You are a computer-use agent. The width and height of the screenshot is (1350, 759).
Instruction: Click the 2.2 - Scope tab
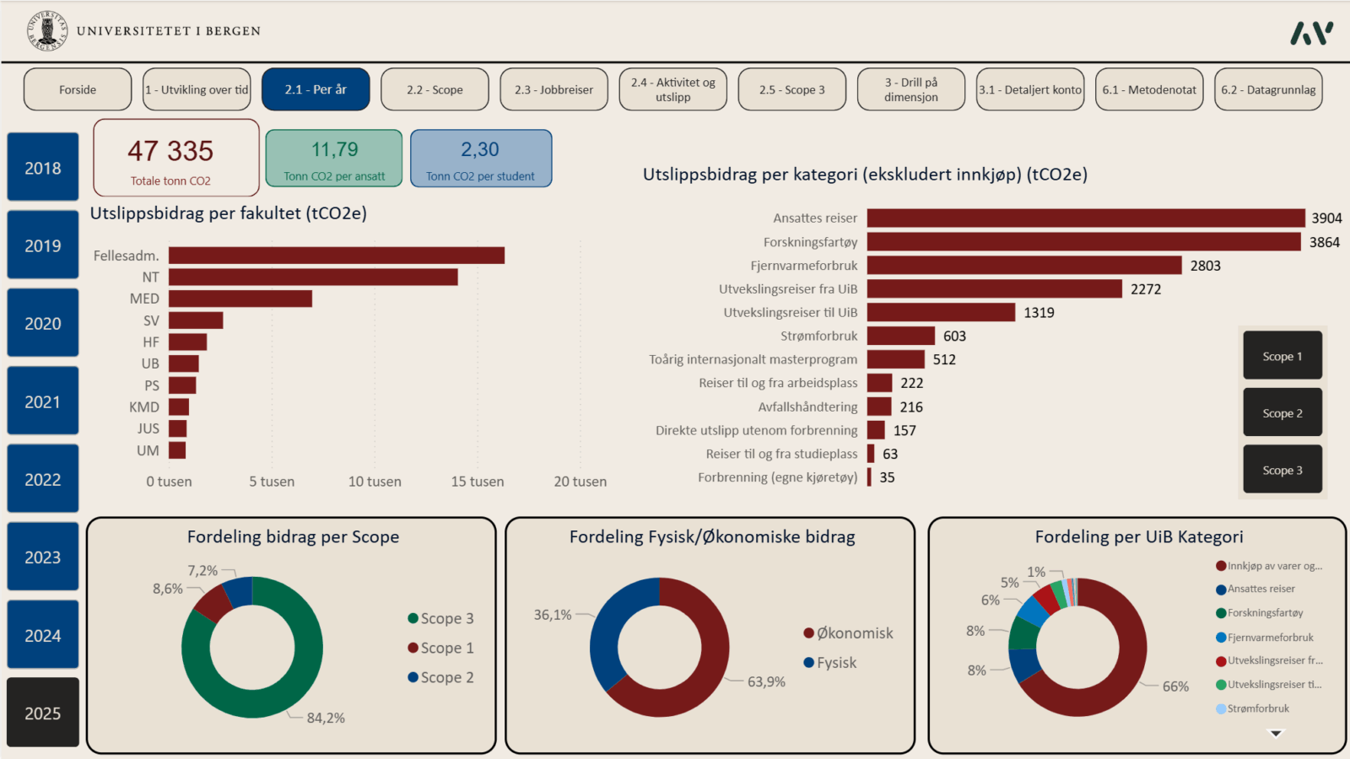435,89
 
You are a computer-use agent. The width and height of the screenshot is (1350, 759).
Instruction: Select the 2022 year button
43,479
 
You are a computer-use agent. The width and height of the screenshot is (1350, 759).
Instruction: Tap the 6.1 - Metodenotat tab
1149,89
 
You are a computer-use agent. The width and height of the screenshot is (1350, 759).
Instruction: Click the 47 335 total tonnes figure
170,152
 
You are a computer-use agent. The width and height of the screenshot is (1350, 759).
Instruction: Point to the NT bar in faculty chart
313,277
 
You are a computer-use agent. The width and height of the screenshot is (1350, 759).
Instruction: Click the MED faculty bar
240,299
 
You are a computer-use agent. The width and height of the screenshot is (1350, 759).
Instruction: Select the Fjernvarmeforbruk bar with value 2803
1024,266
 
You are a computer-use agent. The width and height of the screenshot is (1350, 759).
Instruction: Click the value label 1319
1039,313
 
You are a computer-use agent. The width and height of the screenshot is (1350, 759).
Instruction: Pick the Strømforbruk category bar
900,336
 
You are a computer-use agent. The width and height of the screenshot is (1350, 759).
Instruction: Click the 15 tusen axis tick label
478,482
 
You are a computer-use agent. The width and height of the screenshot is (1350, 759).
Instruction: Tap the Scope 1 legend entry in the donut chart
440,648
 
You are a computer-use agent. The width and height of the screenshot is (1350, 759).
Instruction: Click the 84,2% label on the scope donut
326,718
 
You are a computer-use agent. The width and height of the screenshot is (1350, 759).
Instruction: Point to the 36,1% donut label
553,615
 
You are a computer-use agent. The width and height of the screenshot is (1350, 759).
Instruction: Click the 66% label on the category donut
1175,686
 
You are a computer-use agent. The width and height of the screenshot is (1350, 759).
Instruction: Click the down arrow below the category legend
1276,734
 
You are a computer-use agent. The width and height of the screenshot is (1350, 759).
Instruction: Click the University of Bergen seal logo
47,30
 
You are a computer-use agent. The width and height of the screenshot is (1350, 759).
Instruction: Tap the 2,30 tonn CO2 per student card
481,158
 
